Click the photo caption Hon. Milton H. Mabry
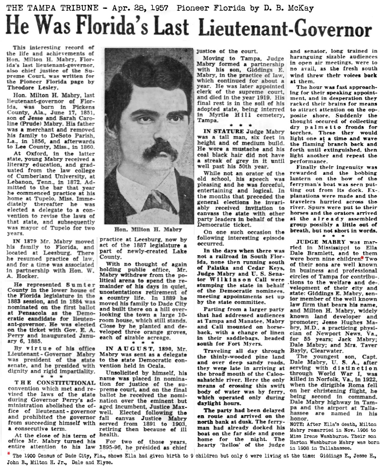(148, 229)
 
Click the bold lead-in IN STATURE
(224, 132)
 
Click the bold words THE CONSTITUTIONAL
(55, 383)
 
